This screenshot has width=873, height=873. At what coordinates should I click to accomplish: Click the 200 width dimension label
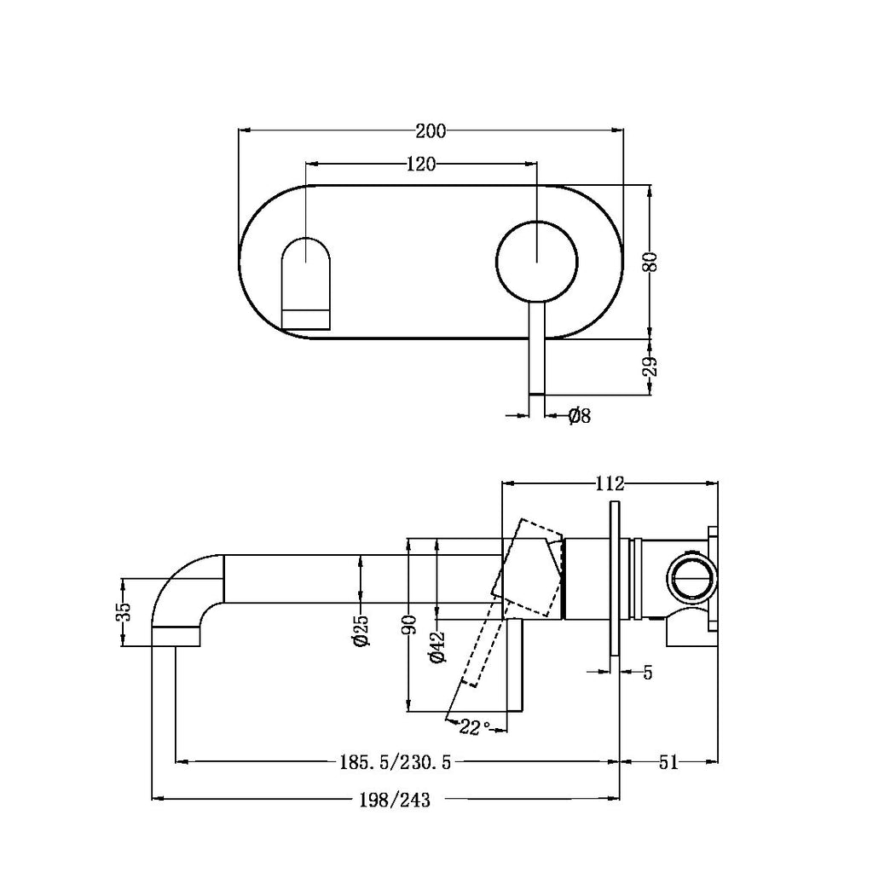431,130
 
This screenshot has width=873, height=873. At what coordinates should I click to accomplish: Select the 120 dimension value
421,164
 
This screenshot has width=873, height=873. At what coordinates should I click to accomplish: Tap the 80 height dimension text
650,260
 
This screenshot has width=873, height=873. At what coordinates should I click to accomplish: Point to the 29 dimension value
650,367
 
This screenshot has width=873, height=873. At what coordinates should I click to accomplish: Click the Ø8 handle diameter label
580,416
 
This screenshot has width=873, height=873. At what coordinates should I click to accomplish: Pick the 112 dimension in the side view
610,483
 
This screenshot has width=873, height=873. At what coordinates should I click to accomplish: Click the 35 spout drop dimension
124,613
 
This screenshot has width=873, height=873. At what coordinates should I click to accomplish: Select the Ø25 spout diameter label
363,630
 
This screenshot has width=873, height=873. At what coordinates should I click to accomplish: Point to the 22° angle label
475,726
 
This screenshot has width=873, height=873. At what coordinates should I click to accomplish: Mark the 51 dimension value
668,762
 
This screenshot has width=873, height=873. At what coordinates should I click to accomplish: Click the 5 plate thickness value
647,673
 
